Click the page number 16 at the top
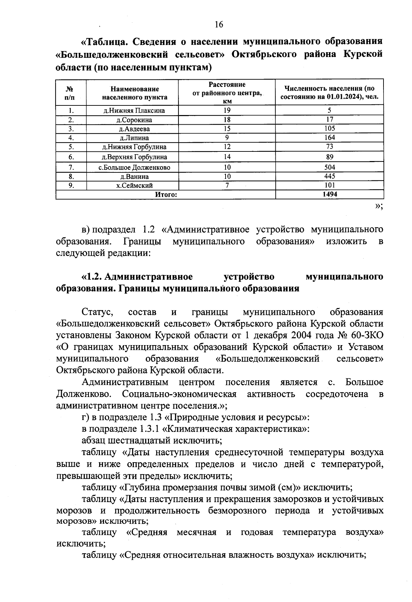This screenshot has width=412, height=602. click(219, 24)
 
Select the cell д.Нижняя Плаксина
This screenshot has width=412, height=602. click(134, 111)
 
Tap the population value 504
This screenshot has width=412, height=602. click(329, 167)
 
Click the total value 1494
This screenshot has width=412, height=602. click(329, 194)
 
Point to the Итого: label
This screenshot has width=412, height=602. click(166, 195)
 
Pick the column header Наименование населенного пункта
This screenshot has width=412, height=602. click(135, 93)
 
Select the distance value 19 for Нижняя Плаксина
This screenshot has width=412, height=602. click(227, 111)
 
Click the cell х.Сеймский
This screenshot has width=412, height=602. click(134, 185)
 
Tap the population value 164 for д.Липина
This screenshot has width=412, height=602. click(329, 138)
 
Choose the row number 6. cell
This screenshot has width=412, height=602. click(71, 157)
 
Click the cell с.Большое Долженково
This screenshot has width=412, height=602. click(134, 168)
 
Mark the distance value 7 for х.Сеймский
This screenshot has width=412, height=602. click(227, 185)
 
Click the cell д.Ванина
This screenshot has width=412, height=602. click(134, 177)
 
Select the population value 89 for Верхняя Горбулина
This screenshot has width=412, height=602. click(329, 157)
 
